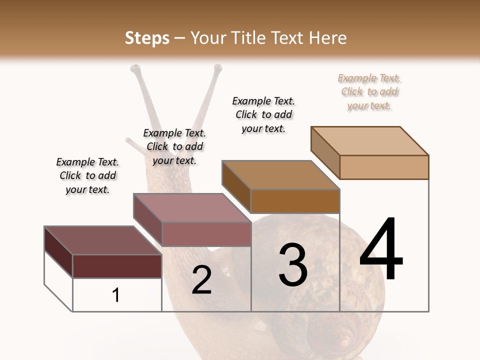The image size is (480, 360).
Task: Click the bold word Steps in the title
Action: pos(147,38)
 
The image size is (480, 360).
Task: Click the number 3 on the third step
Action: pos(293,265)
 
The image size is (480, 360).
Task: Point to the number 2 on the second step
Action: pos(201,280)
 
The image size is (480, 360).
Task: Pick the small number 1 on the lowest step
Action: pos(116,295)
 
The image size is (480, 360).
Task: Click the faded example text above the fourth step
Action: pos(369,91)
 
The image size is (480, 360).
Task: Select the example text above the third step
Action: pos(263,114)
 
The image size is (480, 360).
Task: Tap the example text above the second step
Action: pos(174,146)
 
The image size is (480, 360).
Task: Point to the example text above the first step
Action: pos(87,175)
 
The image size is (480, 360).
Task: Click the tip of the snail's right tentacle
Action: pos(217,67)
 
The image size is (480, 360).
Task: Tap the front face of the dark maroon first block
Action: pos(117,266)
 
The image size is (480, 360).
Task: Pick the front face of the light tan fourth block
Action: pos(384,167)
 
